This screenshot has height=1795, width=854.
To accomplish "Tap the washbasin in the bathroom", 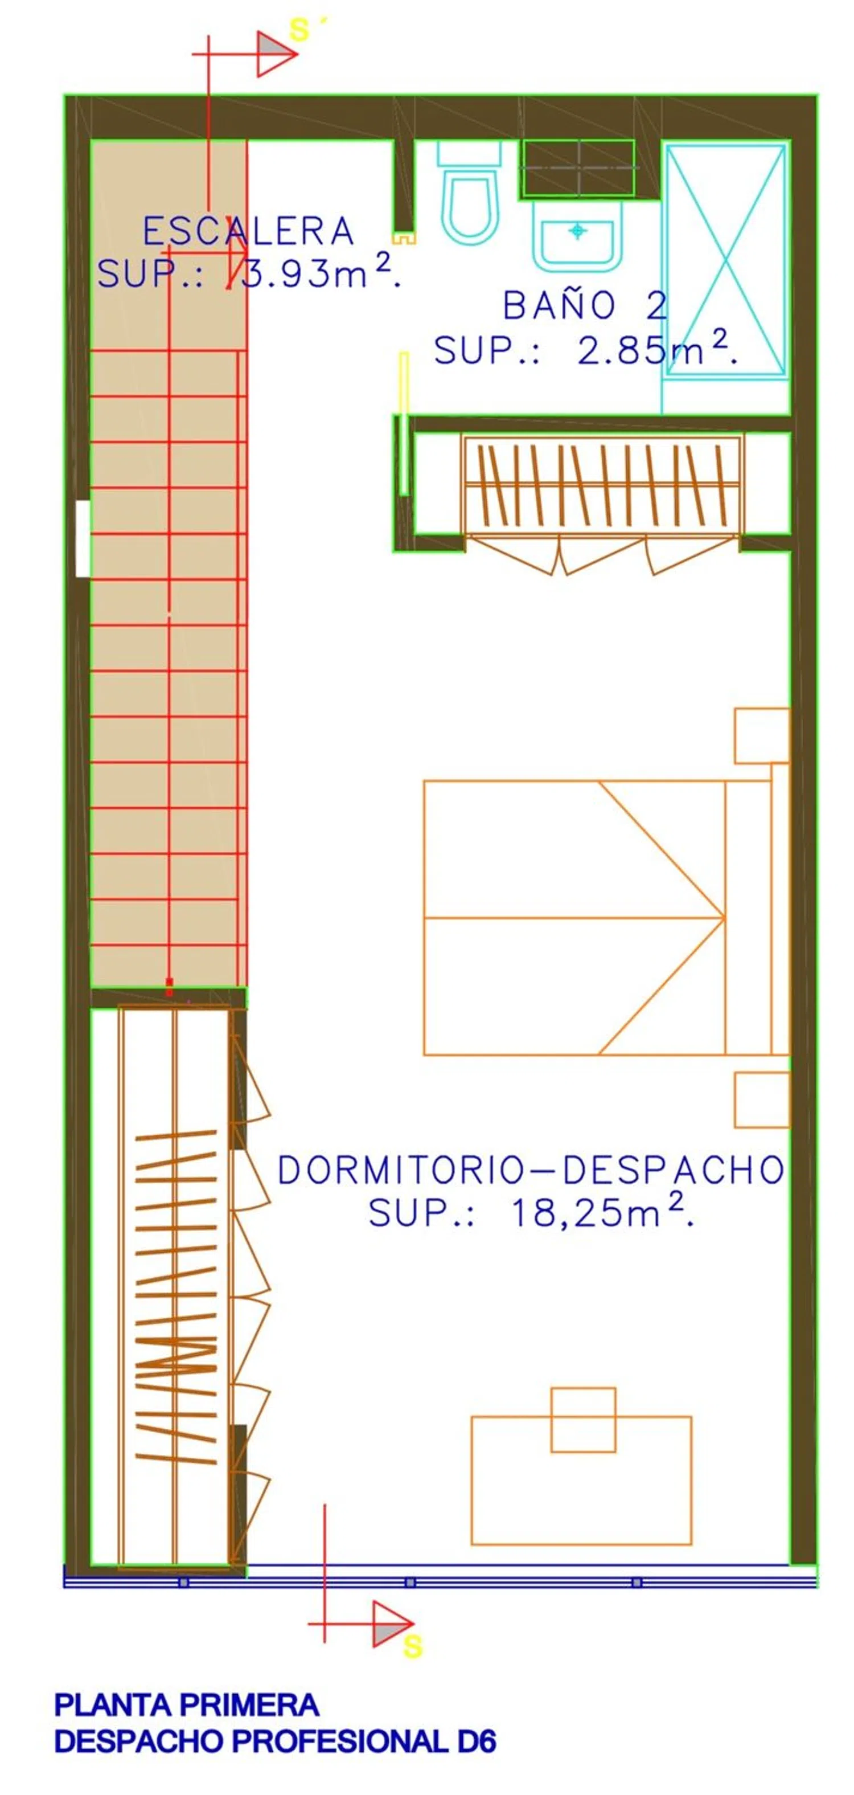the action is tap(577, 235).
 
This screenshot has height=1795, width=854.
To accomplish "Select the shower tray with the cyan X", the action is tap(726, 259).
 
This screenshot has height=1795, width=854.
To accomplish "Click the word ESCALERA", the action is tap(248, 231).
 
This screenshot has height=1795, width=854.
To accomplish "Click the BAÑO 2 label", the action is tap(585, 305).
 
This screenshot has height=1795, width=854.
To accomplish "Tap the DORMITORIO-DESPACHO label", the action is tap(531, 1170).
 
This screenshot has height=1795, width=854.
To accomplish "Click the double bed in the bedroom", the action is tap(606, 917).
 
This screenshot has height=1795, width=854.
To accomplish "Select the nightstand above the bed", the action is tap(762, 736).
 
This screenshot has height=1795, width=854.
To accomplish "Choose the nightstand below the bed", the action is tap(762, 1099).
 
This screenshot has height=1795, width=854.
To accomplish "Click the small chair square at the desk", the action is tap(583, 1420).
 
